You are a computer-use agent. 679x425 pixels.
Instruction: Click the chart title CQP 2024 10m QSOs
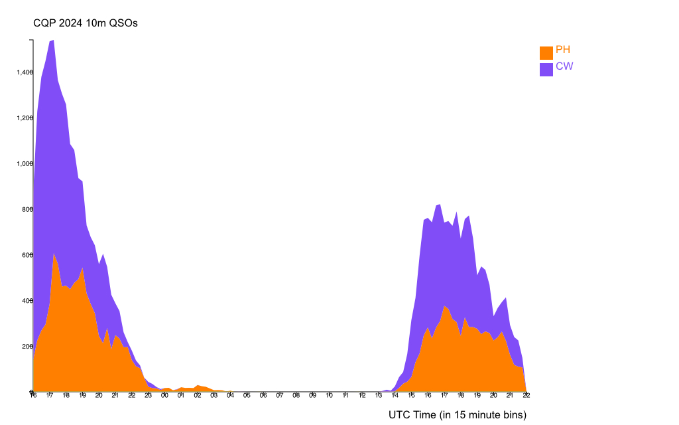[x=86, y=23]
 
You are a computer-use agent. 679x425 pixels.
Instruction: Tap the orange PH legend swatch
[x=546, y=52]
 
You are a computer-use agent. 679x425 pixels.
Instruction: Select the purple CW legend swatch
[x=546, y=69]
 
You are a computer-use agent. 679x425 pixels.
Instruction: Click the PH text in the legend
[x=563, y=50]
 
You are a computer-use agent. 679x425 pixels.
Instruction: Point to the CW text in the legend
[x=564, y=66]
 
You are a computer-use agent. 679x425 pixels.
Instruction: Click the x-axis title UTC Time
[x=458, y=415]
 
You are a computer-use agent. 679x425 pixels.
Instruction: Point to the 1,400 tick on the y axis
[x=25, y=72]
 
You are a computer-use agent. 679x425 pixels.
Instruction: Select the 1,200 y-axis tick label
[x=25, y=118]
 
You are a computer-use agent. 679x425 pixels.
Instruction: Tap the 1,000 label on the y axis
[x=25, y=163]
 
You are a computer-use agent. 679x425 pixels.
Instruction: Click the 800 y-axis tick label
[x=27, y=209]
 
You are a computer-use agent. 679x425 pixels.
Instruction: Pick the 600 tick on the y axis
[x=27, y=255]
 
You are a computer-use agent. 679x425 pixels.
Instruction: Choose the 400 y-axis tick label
[x=27, y=301]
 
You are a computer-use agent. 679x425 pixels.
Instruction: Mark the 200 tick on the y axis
[x=27, y=347]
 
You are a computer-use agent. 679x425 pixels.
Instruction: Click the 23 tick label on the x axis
[x=148, y=396]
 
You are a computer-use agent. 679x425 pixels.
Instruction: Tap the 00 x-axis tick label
[x=164, y=396]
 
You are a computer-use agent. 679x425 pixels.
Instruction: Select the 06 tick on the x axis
[x=263, y=396]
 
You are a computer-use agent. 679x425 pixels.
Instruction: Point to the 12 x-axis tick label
[x=362, y=396]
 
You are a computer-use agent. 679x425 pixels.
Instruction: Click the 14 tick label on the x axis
[x=395, y=396]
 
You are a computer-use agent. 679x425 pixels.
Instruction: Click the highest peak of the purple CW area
[x=53, y=41]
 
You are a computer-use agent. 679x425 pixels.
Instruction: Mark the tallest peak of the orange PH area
[x=54, y=253]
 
